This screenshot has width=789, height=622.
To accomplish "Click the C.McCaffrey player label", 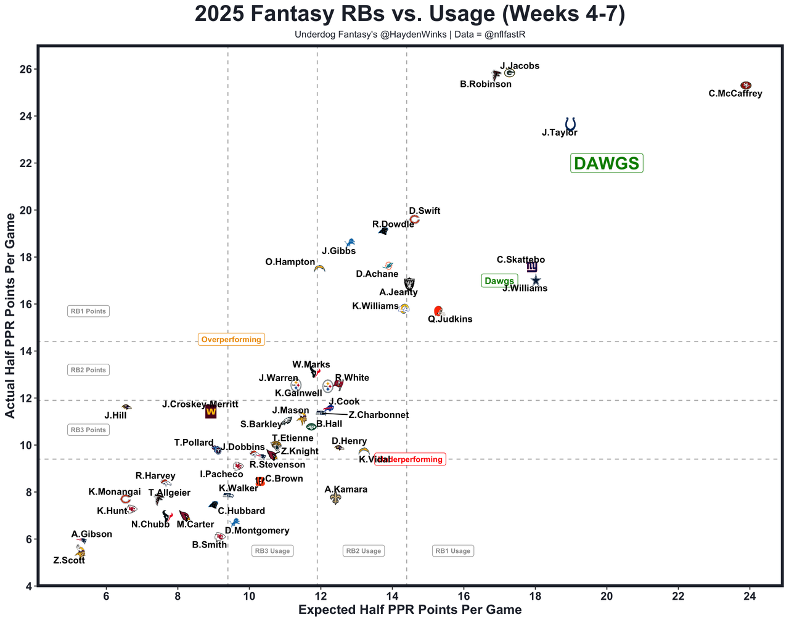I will [735, 94].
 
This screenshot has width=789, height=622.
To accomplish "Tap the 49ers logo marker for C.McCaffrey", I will [745, 85].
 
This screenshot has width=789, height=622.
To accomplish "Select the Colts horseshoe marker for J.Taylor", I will [570, 123].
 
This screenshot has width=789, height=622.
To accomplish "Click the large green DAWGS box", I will [607, 163].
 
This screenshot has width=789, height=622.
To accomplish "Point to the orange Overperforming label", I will [231, 340].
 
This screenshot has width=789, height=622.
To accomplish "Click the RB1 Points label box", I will [88, 311].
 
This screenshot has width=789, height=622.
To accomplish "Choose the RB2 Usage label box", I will [363, 551].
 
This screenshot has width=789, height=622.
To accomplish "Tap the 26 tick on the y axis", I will [26, 69].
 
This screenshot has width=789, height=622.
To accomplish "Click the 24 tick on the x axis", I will [750, 597].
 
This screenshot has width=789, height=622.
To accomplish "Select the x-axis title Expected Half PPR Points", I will [410, 610].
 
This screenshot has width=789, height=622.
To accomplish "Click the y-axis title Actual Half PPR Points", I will [10, 316].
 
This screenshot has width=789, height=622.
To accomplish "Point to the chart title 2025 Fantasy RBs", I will [410, 14].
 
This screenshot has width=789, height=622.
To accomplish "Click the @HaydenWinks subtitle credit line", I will [410, 35].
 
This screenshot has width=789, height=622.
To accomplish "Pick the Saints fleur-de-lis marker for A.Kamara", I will [335, 498].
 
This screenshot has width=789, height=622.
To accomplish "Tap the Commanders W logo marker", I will [211, 412].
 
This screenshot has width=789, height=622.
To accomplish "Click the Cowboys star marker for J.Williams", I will [536, 280].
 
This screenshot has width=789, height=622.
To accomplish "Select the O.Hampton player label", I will [290, 263].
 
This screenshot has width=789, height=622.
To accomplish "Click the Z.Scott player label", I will [69, 561].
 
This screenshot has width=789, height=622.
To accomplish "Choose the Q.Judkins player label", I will [450, 319].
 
